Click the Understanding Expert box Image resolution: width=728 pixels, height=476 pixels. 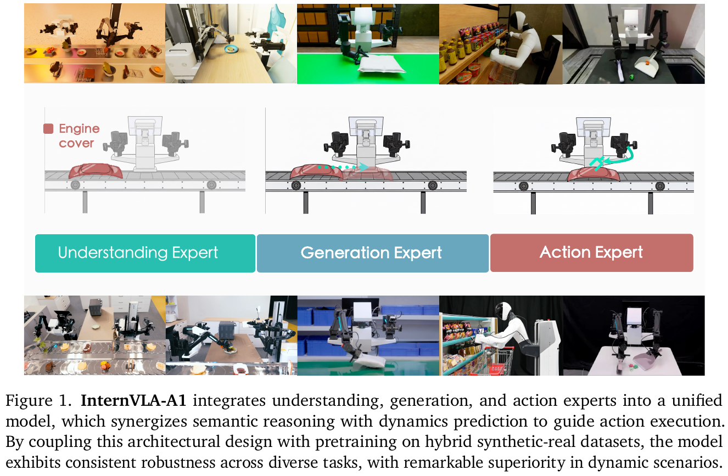(145, 253)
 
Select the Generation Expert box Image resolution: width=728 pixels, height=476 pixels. (372, 253)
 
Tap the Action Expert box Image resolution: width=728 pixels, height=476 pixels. (591, 253)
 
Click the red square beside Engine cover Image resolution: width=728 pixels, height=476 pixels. (48, 128)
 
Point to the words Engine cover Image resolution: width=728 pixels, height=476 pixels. (79, 135)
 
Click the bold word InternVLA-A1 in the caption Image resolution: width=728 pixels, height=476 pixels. (133, 401)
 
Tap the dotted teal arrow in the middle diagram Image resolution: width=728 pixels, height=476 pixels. (343, 167)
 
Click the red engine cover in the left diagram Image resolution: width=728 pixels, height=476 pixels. (96, 171)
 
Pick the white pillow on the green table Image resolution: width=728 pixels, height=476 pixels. (381, 64)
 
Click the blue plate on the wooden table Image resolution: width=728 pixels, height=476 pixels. (231, 49)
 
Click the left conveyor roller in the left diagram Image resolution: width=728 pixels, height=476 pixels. (75, 185)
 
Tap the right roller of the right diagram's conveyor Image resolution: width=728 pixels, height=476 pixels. (660, 186)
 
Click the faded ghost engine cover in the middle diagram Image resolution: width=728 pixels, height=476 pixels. (367, 174)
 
